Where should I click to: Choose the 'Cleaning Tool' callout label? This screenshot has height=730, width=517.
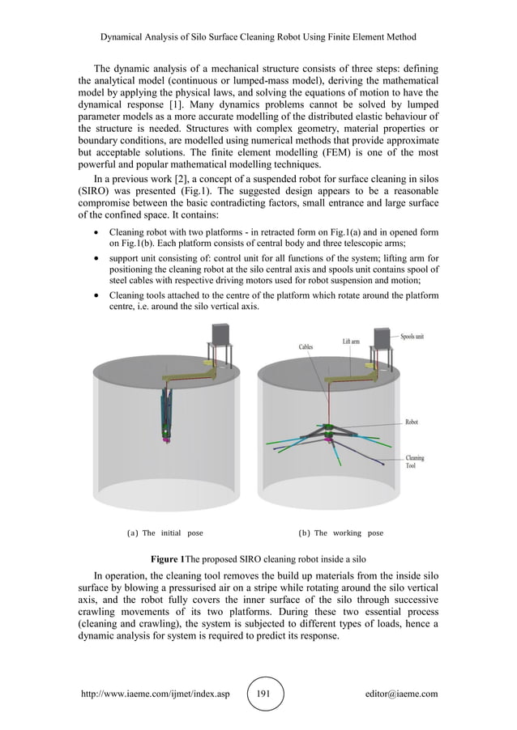click(x=414, y=462)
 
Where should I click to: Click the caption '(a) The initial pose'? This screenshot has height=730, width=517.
click(x=165, y=533)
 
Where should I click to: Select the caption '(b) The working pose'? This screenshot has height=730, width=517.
click(x=340, y=533)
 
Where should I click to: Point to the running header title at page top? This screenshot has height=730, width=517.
click(x=258, y=37)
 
